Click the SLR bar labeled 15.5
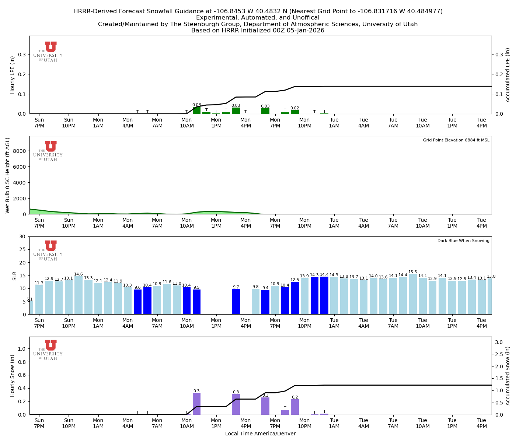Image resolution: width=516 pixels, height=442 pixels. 413,294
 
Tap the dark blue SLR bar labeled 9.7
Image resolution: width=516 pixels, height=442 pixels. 236,302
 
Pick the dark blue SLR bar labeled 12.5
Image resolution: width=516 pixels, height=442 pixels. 295,298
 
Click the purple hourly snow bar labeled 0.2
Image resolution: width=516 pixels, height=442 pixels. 295,407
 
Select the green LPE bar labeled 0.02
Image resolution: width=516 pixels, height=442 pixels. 295,112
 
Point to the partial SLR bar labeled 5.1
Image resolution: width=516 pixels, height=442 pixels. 31,308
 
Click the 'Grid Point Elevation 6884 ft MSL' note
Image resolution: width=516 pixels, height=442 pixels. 456,140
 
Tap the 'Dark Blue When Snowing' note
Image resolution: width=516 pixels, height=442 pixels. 463,241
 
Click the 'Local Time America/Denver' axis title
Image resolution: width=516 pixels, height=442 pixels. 260,434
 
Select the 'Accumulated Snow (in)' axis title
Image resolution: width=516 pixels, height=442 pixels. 508,376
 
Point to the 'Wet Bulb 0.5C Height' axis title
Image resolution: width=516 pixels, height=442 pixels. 8,175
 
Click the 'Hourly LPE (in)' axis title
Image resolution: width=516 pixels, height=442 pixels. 13,75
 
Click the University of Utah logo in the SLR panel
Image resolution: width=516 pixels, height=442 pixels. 48,250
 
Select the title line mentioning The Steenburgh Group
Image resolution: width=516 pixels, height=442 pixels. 258,24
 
